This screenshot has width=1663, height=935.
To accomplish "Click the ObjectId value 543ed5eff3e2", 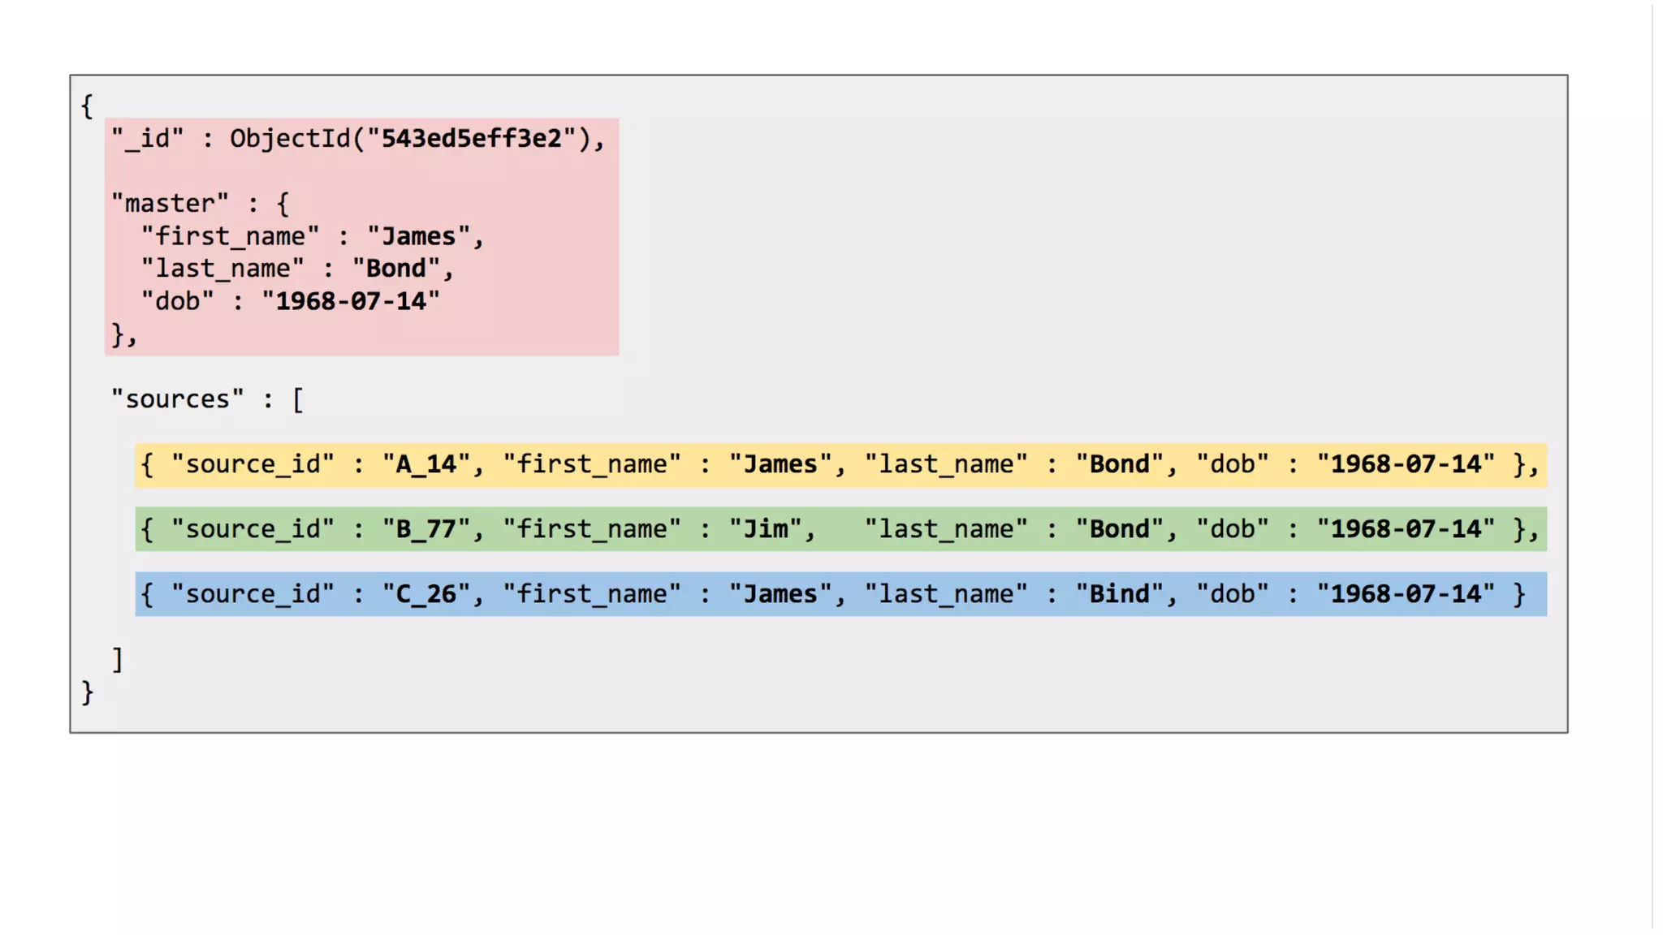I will (471, 139).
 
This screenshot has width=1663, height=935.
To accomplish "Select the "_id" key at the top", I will (148, 139).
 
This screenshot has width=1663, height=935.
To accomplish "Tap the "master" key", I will (170, 204).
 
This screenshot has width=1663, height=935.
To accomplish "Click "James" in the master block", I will (418, 236).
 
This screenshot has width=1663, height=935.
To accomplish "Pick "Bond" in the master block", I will (395, 269).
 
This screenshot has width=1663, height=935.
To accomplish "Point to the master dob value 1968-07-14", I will (351, 301).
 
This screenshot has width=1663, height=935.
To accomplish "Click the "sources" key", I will (177, 399).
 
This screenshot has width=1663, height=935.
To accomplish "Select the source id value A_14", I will (426, 464).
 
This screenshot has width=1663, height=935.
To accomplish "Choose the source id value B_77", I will (426, 529).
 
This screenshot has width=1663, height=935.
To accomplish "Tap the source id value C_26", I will (426, 594).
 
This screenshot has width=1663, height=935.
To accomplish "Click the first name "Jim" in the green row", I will (766, 529).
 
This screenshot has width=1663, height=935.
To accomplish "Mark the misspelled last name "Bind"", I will (1120, 594).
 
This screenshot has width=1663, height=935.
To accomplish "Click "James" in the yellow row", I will (780, 464).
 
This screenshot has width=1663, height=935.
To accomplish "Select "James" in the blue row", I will (780, 594).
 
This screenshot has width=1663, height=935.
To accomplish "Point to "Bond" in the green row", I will (1120, 529).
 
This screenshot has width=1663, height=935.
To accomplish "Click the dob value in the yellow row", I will (1406, 464).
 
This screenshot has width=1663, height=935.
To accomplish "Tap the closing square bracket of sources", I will (118, 659).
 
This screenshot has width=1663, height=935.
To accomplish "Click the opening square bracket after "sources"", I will (298, 399).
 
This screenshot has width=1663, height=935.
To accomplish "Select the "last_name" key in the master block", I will (222, 269).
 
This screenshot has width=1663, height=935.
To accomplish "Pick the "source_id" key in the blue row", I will (253, 594).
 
